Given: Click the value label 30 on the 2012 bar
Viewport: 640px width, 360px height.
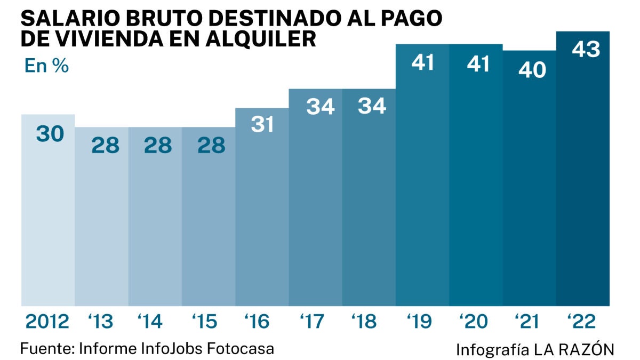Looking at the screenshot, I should [50, 133].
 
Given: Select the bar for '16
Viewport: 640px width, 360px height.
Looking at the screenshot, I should [262, 213].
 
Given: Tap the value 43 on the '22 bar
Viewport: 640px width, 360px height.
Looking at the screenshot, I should [586, 50].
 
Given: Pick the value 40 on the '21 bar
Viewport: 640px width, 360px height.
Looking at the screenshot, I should [532, 69].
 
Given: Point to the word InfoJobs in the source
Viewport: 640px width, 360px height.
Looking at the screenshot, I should [172, 349].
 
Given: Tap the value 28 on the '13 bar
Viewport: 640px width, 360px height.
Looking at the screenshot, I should [105, 145].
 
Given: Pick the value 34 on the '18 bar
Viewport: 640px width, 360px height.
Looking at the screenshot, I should [372, 107].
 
